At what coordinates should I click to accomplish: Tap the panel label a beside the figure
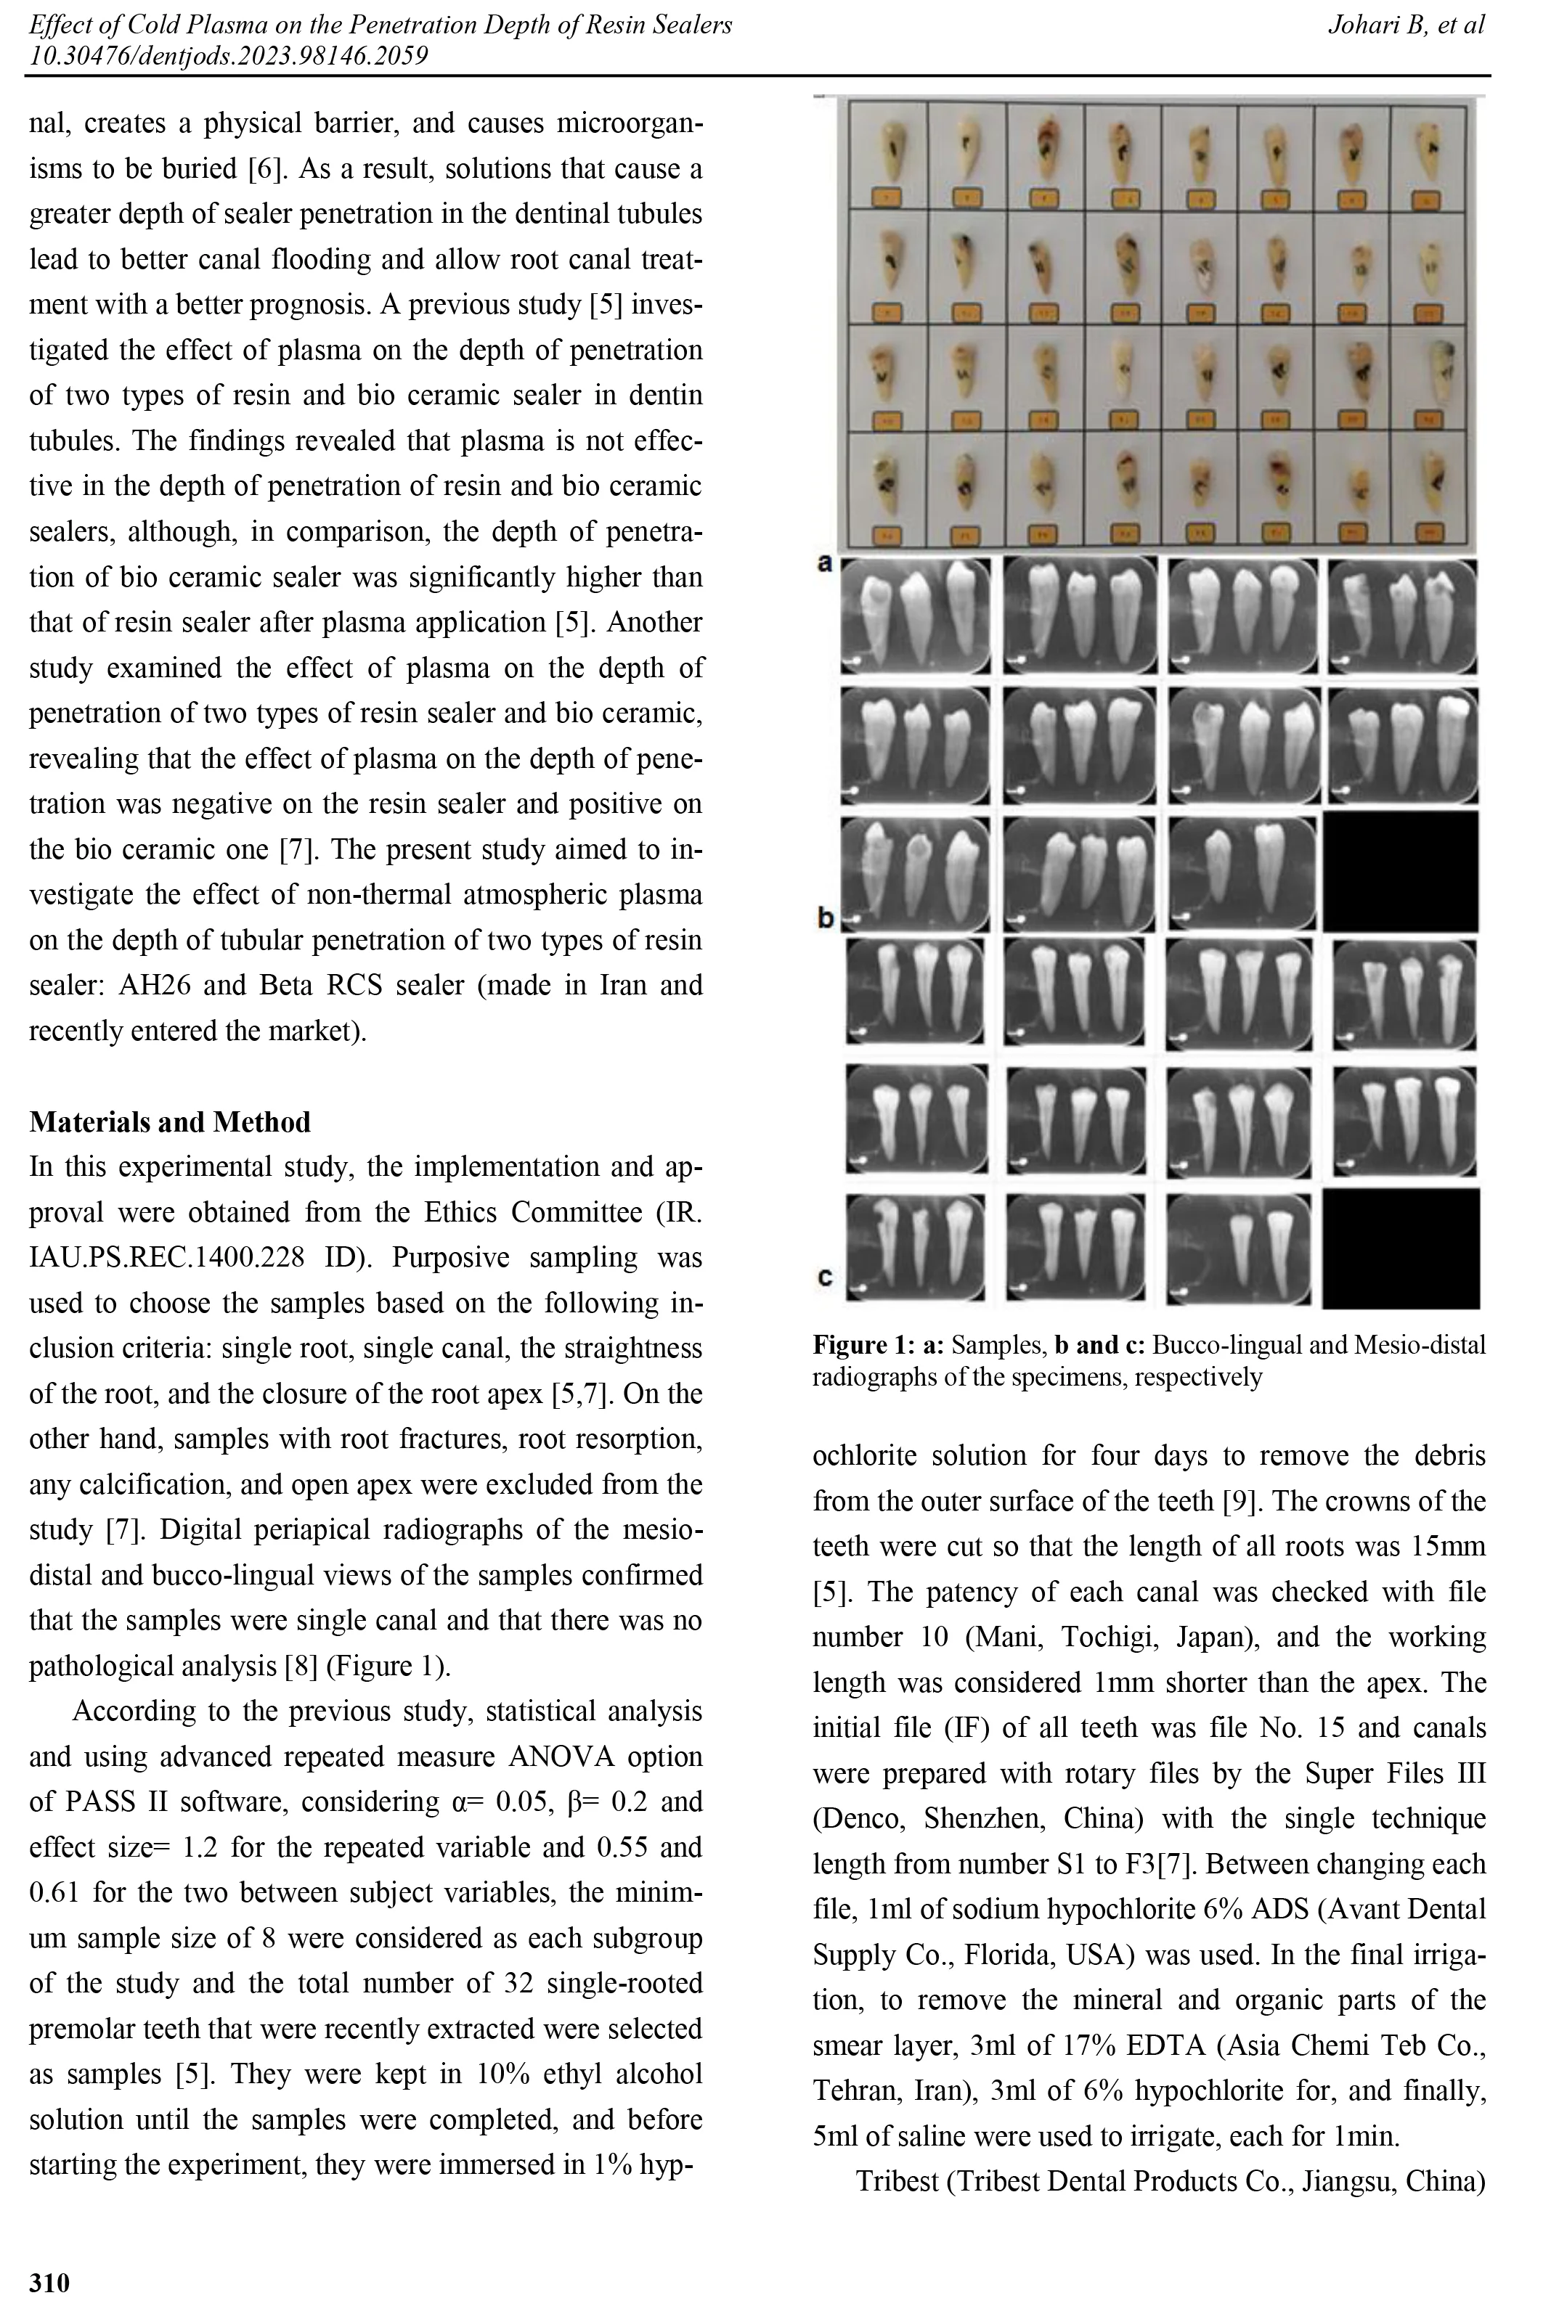coord(823,563)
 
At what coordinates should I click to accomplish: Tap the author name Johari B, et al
coord(1405,25)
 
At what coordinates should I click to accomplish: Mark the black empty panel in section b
coord(1399,871)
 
